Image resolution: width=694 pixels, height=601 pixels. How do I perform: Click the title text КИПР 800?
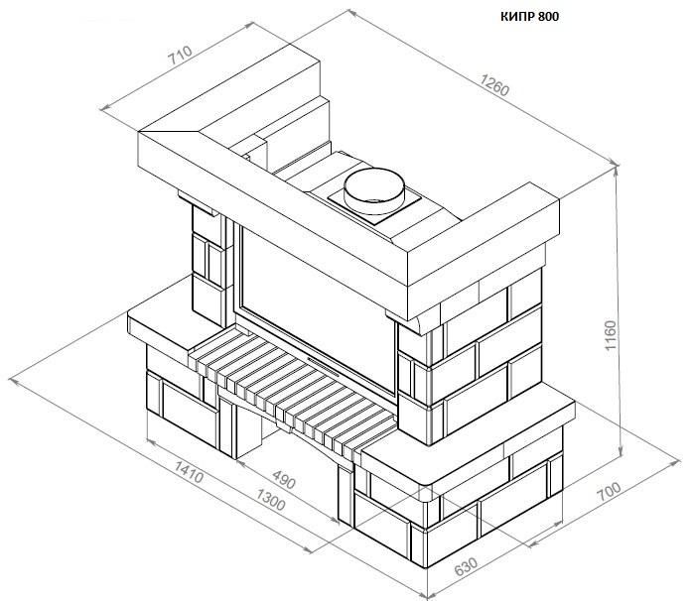[529, 17]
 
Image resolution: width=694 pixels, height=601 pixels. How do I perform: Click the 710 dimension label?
[180, 55]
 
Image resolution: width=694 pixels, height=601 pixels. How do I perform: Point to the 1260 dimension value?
[494, 85]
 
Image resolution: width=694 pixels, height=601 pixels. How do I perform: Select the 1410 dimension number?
[189, 471]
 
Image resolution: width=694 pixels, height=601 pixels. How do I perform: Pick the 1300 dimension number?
[270, 500]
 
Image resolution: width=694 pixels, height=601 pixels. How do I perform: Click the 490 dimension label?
[283, 479]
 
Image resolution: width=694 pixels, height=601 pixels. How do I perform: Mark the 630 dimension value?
[466, 567]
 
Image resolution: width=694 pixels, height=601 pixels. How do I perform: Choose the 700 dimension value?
[610, 491]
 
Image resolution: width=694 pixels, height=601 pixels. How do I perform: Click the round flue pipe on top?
[374, 191]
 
